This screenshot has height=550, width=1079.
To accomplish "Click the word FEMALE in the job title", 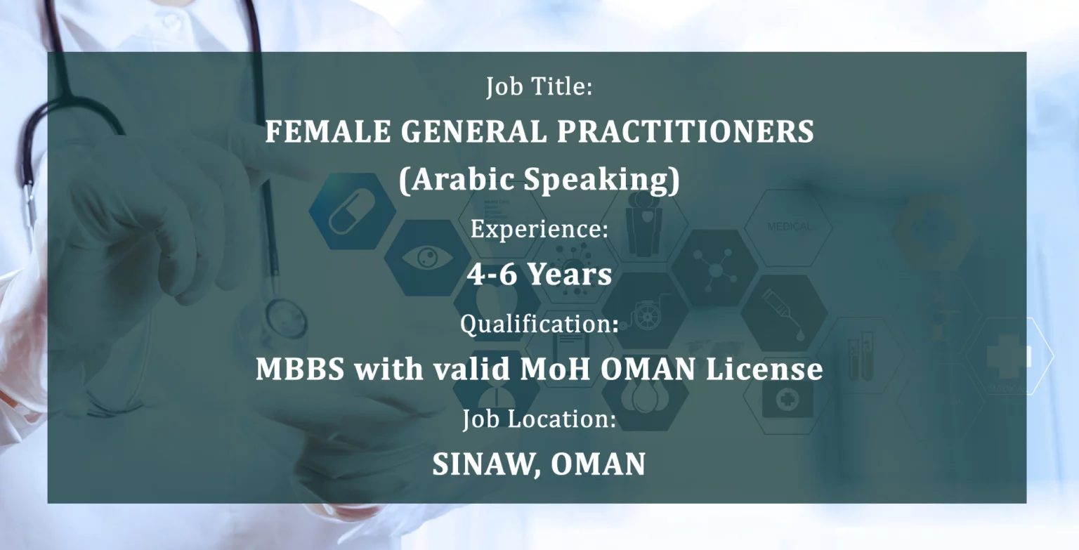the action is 328,131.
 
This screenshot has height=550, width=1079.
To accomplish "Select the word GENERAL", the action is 474,131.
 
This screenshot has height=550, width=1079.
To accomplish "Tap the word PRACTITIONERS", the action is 686,131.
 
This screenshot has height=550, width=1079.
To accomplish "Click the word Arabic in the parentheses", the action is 457,179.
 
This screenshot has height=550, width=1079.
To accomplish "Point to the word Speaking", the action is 602,180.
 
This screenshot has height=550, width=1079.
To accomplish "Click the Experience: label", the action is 539,228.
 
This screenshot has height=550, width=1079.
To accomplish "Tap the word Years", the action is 570,274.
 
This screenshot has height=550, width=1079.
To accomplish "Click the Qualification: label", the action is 539,324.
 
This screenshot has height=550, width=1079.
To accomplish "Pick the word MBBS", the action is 300,369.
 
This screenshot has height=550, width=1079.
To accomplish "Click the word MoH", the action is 556,369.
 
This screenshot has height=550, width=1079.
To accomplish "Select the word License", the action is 764,369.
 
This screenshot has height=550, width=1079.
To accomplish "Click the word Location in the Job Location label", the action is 562,418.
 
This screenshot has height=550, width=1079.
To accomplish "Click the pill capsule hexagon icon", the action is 352,211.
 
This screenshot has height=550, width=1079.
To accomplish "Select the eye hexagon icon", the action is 427,258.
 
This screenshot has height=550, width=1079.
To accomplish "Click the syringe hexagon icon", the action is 784,313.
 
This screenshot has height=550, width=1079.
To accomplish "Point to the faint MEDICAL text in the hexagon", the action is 789,226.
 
